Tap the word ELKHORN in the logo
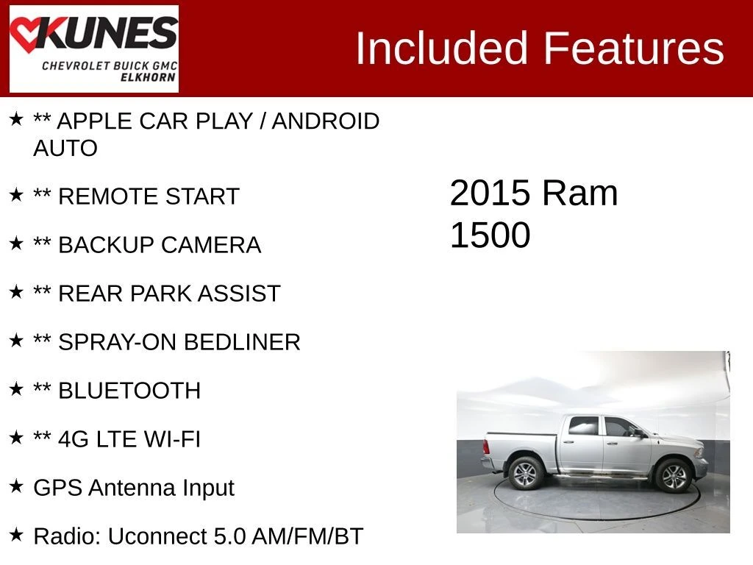pos(148,77)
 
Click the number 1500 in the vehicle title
pos(490,235)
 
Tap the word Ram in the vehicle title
pos(580,193)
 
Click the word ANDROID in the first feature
pos(326,121)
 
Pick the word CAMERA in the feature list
pos(211,245)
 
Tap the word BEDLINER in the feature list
pos(242,342)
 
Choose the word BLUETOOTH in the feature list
pos(129,391)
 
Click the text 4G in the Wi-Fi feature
pos(74,439)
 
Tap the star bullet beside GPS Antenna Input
pos(16,486)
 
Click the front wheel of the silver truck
pos(674,475)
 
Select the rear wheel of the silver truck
pos(525,474)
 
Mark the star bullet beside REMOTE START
pos(16,194)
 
